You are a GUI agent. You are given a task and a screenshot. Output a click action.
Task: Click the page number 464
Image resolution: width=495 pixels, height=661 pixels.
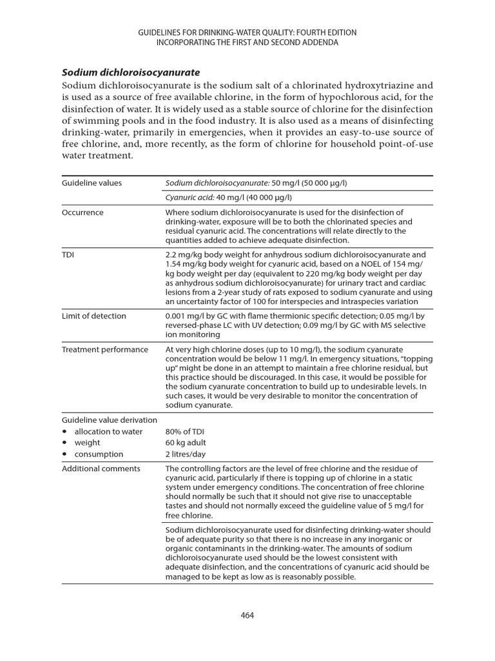(x=247, y=615)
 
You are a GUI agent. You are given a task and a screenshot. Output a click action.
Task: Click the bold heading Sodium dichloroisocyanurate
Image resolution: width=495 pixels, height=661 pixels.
(x=131, y=72)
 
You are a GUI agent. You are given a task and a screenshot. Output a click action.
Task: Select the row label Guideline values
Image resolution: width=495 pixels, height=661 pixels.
(x=92, y=183)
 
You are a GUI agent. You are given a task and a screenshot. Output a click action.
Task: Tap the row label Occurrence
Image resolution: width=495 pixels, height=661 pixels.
(x=82, y=212)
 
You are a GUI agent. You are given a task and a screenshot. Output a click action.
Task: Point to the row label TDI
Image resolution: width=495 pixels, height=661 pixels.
(x=68, y=255)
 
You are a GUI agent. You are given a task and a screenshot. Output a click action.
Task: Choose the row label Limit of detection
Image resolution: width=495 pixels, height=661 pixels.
(x=94, y=316)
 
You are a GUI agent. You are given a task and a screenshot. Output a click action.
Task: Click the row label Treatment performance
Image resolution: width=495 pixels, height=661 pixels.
(x=105, y=350)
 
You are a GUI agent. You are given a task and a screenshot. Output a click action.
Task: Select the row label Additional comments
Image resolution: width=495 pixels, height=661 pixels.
(x=101, y=469)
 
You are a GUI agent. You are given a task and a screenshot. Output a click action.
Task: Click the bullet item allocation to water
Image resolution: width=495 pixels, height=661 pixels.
(x=108, y=431)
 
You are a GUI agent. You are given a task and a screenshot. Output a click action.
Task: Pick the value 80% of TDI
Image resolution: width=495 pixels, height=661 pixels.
(x=185, y=431)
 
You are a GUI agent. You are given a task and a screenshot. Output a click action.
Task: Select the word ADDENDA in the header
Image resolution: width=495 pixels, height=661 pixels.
(x=321, y=43)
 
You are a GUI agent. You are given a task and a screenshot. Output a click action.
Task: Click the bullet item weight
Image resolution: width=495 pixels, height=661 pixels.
(x=88, y=443)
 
